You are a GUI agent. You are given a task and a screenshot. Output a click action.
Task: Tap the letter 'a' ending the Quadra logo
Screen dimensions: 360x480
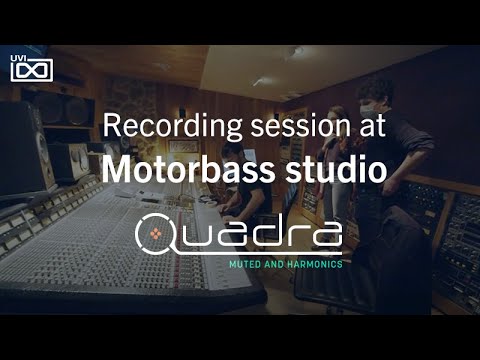pos(329,236)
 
